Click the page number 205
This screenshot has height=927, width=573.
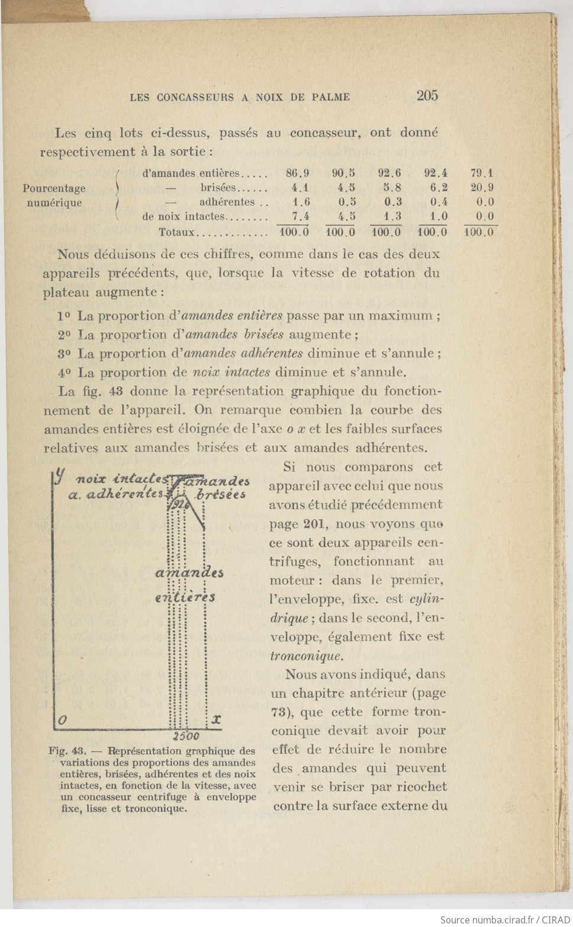(427, 95)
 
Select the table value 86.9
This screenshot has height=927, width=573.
(297, 173)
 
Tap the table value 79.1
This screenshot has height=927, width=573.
(482, 173)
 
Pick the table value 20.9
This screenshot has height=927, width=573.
(482, 188)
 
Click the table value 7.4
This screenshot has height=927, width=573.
(301, 217)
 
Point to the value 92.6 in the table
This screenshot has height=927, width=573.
(389, 173)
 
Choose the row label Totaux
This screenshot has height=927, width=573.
(176, 232)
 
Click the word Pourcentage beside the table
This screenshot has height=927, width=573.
(54, 188)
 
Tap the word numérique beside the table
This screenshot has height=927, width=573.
(54, 202)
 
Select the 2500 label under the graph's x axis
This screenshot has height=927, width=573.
(185, 737)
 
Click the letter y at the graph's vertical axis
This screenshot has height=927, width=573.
(59, 476)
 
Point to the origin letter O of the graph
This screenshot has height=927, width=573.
(62, 719)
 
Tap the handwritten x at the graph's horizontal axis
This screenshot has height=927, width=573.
(216, 719)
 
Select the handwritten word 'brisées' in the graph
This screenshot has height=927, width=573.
(221, 494)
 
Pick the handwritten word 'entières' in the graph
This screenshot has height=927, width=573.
(185, 597)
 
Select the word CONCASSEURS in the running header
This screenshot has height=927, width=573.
(195, 97)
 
